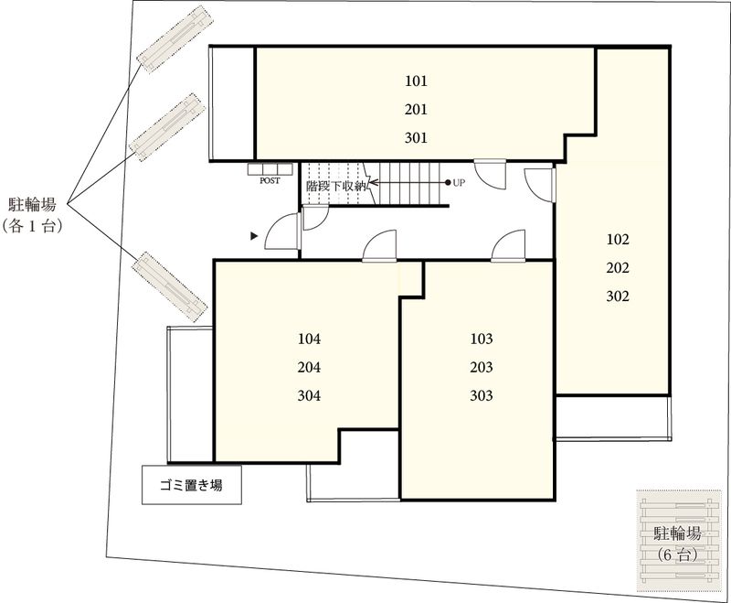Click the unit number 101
point(416,81)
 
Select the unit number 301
point(416,139)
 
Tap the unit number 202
point(619,268)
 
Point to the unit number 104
point(310,339)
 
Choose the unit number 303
point(481,396)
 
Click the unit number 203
point(481,368)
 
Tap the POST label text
point(270,181)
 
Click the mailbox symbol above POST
point(270,168)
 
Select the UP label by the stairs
point(460,183)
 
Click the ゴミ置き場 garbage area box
point(192,486)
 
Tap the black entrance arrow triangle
point(255,236)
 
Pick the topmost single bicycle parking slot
point(174,38)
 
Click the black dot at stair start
point(447,183)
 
